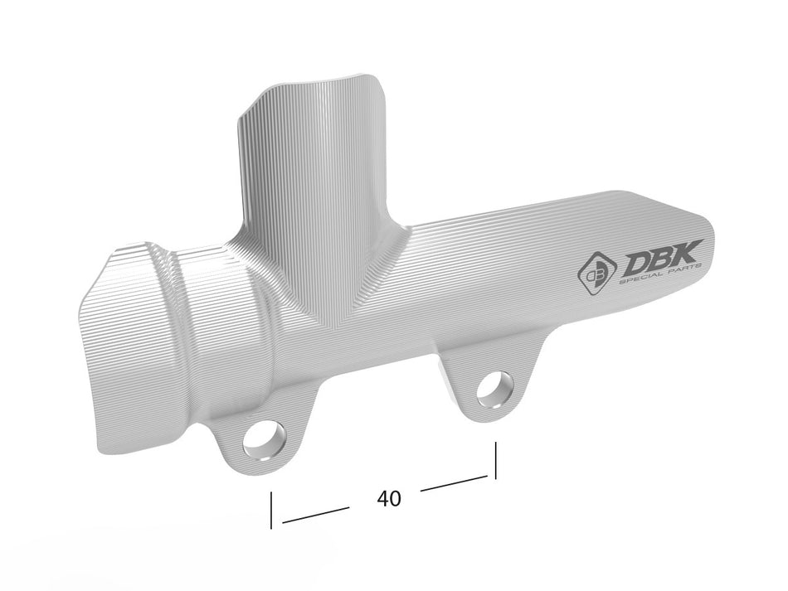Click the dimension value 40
(x=388, y=498)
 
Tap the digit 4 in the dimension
(x=382, y=498)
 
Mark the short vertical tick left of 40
(x=271, y=510)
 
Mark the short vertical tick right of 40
(x=495, y=460)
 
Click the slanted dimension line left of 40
(x=315, y=514)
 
